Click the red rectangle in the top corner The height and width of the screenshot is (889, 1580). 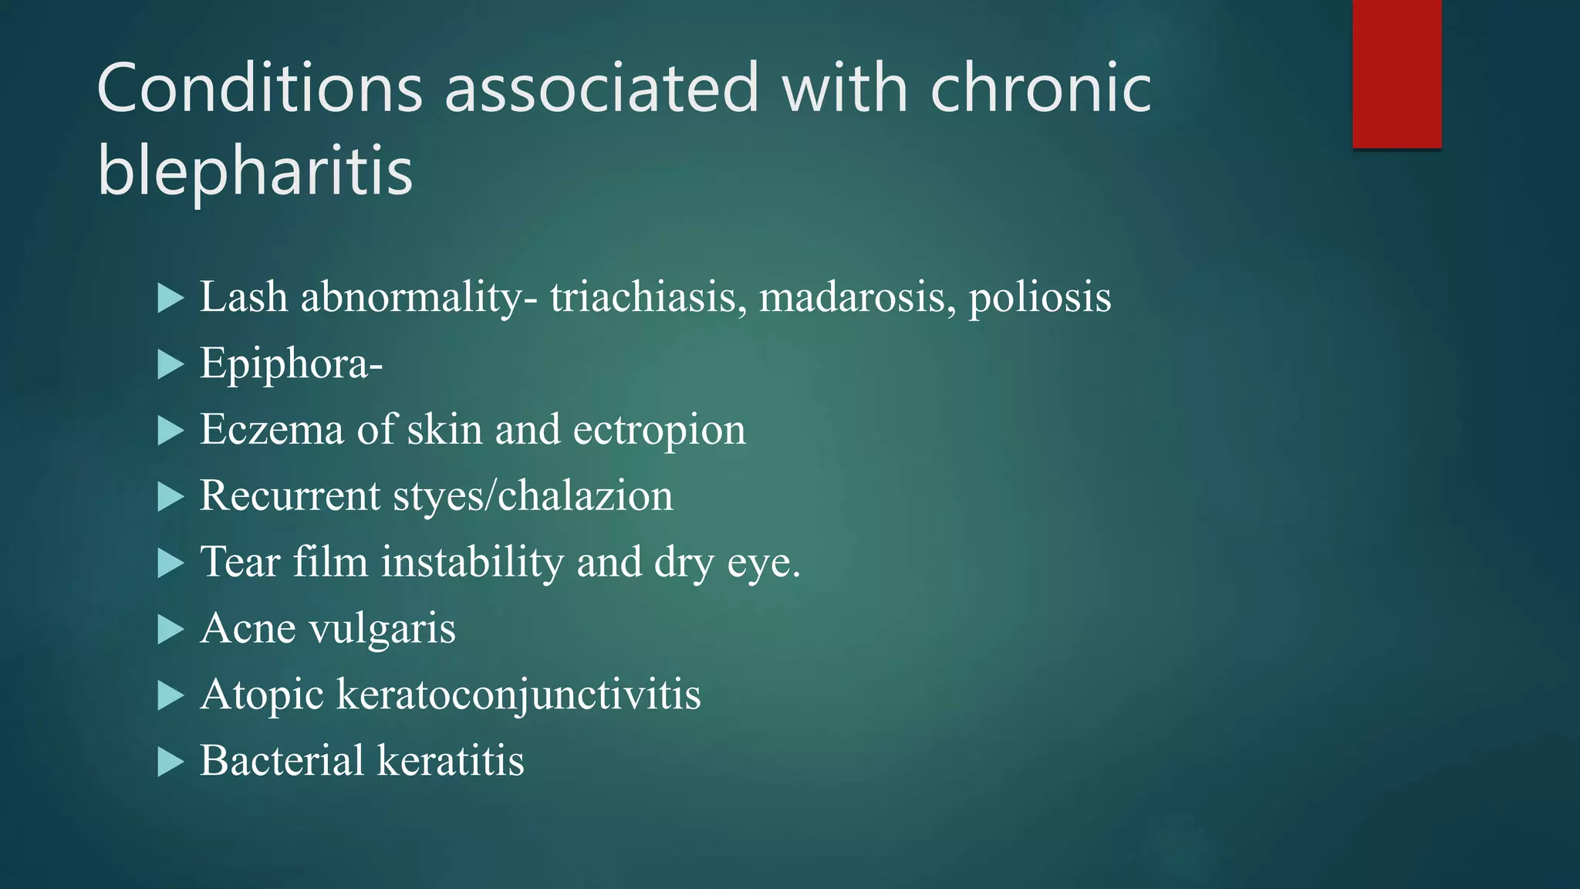[1396, 73]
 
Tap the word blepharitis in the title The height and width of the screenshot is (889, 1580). [255, 171]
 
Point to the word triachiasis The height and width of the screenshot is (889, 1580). [648, 297]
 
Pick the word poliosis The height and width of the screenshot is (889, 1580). [1039, 297]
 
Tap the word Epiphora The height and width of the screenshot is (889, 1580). [285, 363]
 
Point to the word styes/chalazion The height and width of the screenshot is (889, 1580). [533, 495]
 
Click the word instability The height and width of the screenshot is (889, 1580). [472, 562]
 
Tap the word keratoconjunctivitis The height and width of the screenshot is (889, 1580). [518, 695]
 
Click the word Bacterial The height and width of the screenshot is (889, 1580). [282, 760]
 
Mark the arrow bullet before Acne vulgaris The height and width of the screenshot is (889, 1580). [170, 630]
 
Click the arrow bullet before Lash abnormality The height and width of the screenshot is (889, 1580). [170, 298]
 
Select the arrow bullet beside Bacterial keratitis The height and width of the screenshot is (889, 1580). [170, 762]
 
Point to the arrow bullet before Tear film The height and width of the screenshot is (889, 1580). [170, 563]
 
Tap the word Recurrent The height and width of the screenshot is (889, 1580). [289, 495]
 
